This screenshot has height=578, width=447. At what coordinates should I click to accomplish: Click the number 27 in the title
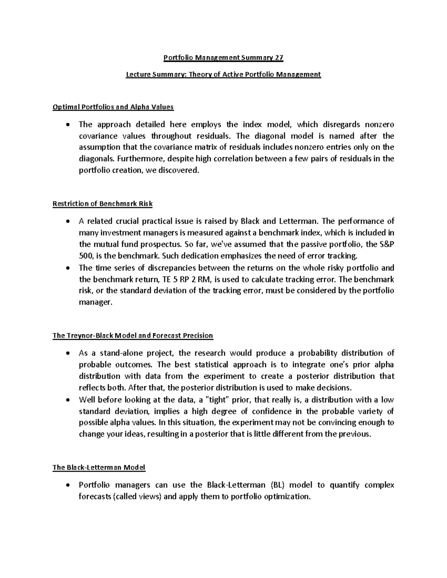click(279, 58)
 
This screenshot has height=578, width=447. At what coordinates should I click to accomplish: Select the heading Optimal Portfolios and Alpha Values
click(113, 107)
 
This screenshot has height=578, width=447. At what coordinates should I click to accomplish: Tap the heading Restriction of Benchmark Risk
click(102, 204)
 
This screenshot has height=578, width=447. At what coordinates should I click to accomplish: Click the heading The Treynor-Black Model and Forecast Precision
click(133, 335)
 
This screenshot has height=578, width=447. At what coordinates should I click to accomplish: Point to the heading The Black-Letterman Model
click(99, 467)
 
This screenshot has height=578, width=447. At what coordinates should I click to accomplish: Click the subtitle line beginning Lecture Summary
click(223, 74)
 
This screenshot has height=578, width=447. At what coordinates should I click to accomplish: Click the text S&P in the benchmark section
click(387, 245)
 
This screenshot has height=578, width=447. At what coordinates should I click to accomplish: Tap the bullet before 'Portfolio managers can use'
click(67, 485)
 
